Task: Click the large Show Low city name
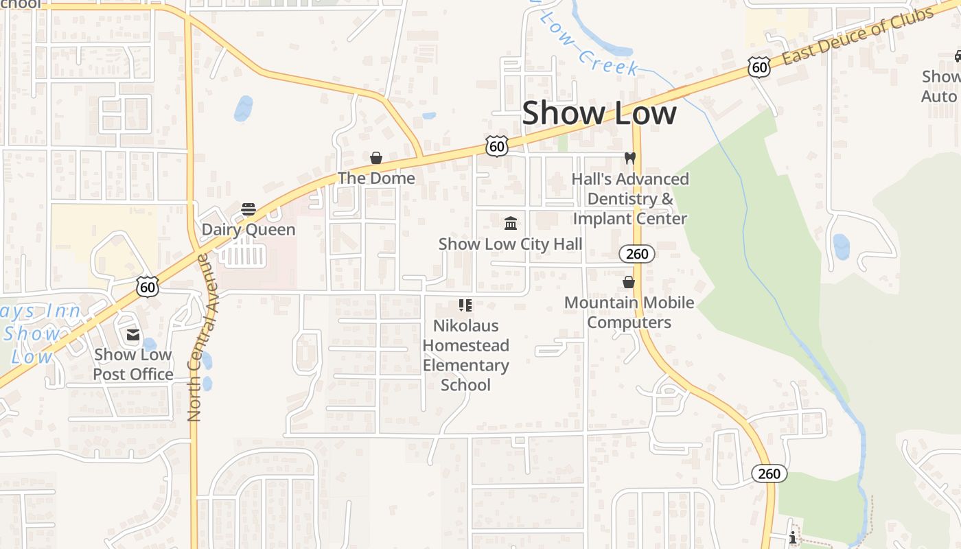pos(599,113)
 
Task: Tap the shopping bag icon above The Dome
pos(376,159)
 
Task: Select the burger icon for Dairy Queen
pos(248,209)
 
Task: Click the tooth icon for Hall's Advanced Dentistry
pos(629,159)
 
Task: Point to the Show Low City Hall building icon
pos(511,223)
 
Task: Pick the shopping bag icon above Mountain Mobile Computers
pos(629,282)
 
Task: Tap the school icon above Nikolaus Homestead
pos(465,305)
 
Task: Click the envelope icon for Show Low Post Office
pos(133,335)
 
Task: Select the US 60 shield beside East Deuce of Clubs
pos(759,67)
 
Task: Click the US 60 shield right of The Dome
pos(496,145)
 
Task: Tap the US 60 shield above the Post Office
pos(148,286)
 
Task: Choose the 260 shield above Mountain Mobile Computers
pos(637,254)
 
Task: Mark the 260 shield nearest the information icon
pos(769,474)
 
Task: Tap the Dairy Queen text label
pos(248,230)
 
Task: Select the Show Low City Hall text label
pos(510,244)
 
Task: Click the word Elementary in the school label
pos(465,365)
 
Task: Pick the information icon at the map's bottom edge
pos(793,537)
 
